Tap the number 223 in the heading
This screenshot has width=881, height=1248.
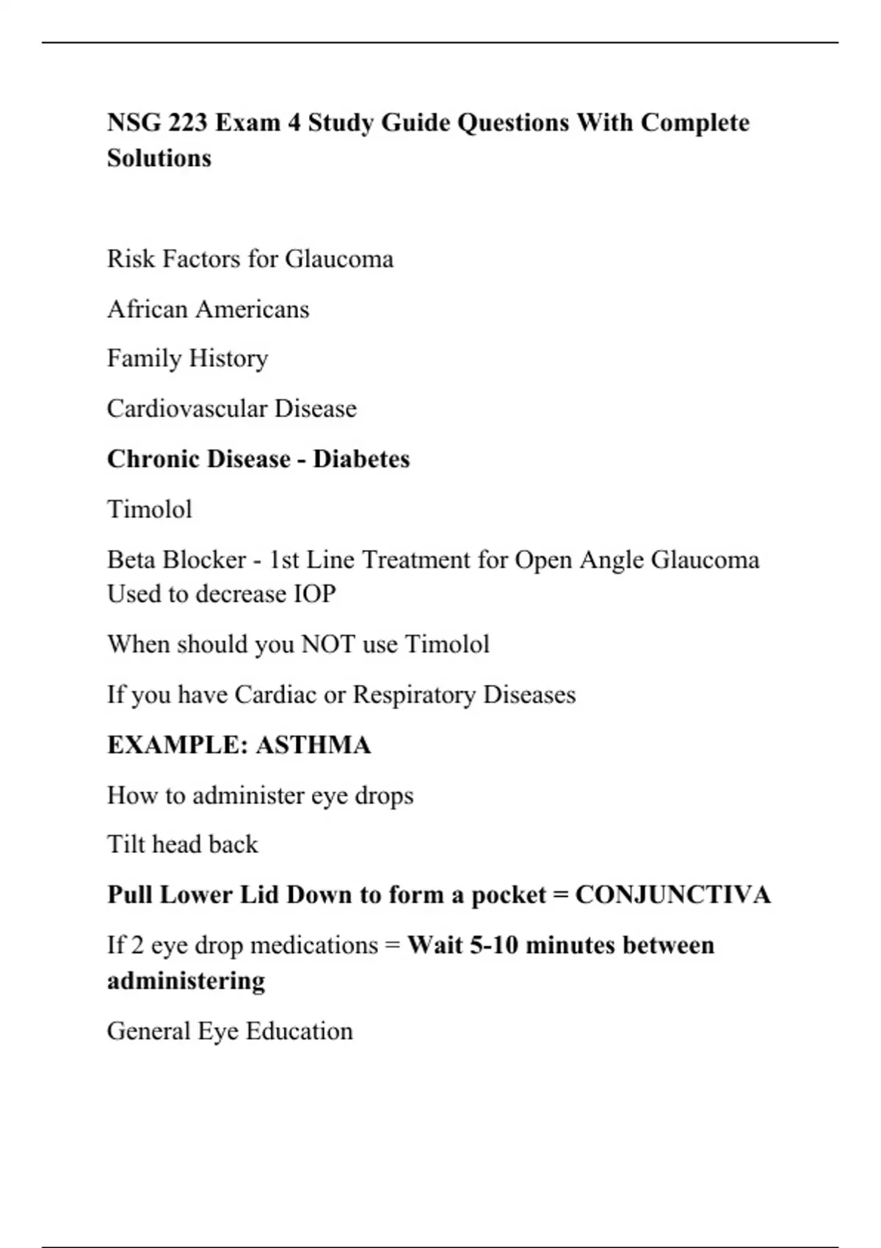pos(187,123)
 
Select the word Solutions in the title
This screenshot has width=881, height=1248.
pos(159,159)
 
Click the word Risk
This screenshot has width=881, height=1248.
pos(131,259)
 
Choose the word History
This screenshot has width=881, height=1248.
pos(228,359)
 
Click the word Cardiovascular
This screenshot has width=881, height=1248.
pos(186,408)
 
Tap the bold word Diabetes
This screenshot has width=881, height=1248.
pos(361,460)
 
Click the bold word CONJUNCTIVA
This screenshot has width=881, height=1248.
pos(672,896)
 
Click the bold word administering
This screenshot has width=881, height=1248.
pos(186,982)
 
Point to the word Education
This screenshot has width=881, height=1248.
pos(299,1031)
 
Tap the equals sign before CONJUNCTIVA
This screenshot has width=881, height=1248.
pos(561,896)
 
